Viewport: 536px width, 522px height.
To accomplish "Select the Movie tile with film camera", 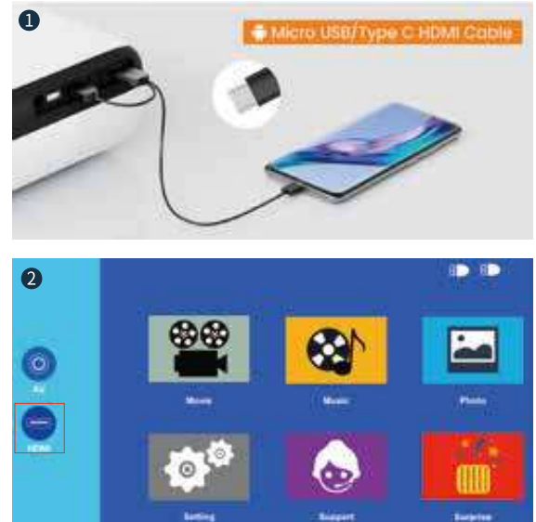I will pos(199,348).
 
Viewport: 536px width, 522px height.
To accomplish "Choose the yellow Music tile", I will pos(336,348).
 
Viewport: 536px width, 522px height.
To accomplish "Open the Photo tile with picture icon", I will pos(472,348).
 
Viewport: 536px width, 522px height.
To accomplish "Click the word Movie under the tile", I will pos(199,400).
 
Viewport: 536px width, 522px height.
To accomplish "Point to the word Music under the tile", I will pos(336,400).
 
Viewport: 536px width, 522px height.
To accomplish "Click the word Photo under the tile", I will pos(472,400).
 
